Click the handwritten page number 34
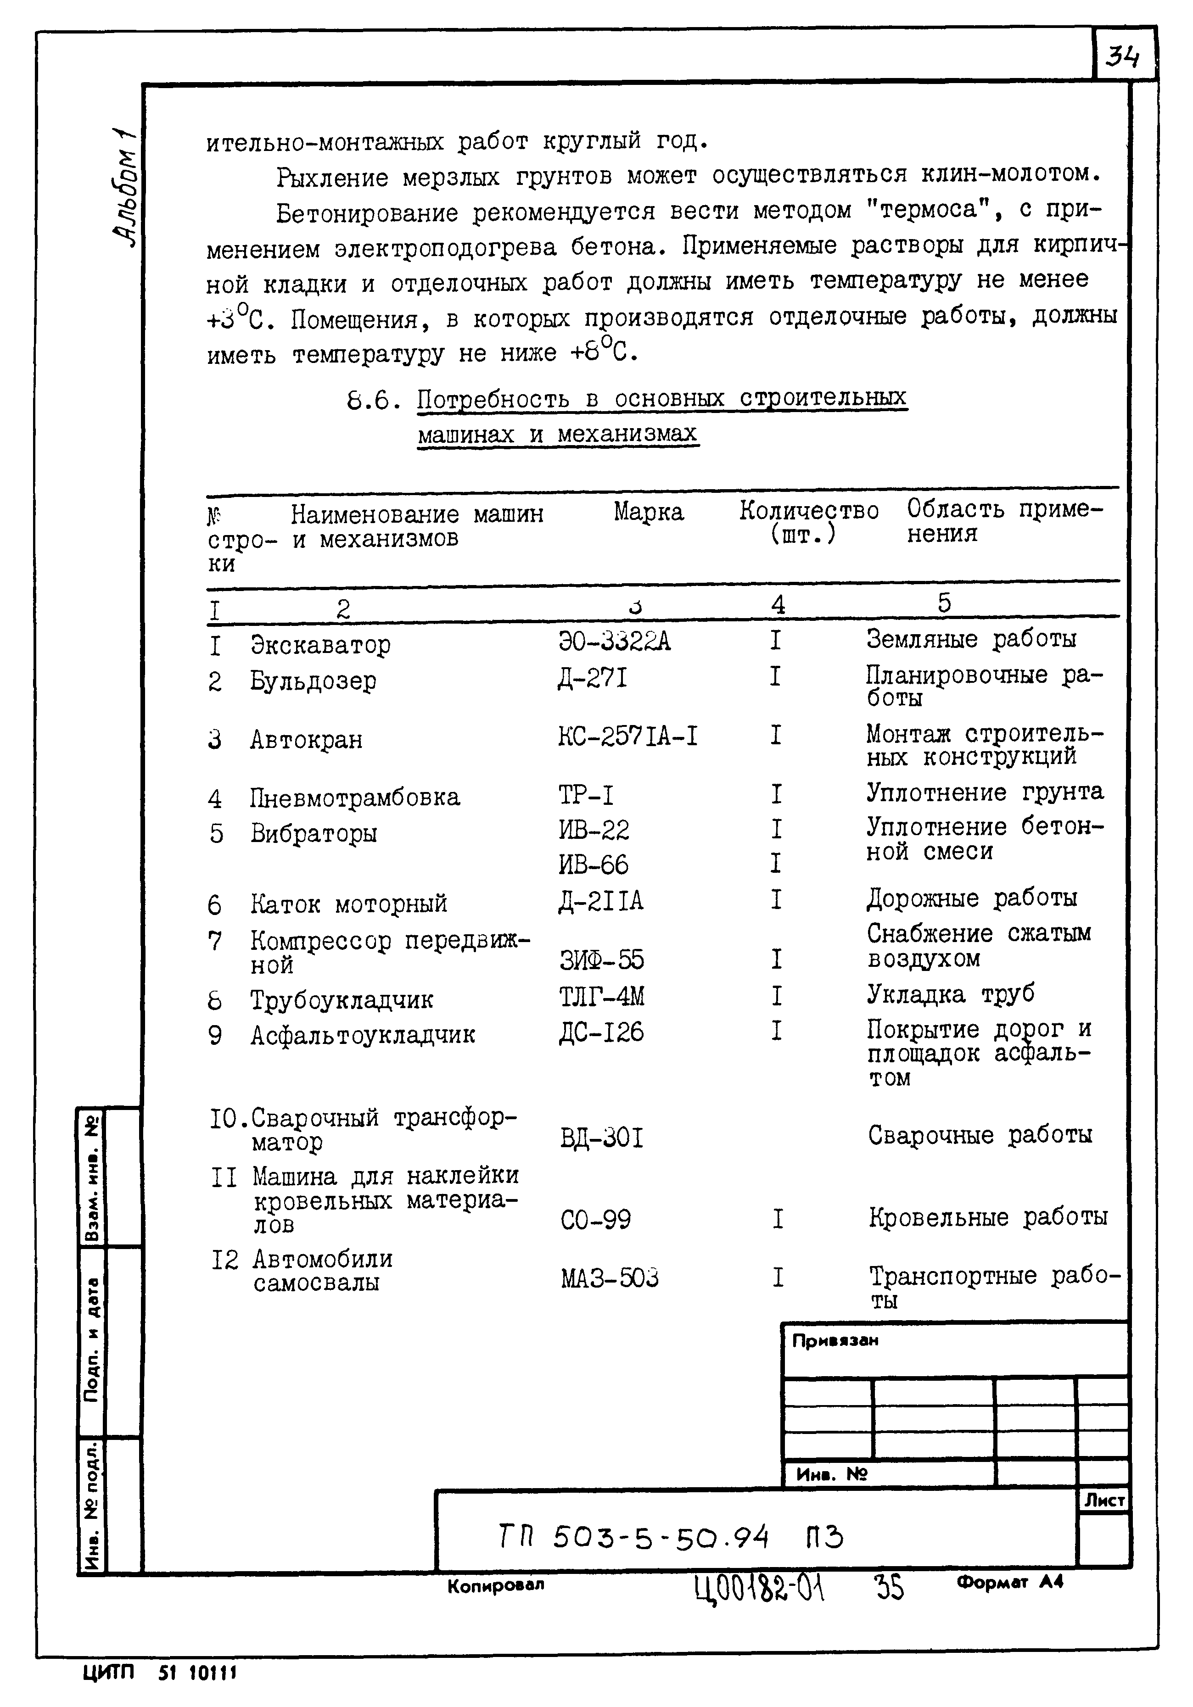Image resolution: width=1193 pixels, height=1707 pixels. coord(1123,56)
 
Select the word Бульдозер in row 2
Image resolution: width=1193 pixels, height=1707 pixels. coord(313,680)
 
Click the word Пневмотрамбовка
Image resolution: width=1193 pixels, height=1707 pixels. coord(355,797)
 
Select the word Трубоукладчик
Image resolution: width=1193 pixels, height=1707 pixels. coord(342,999)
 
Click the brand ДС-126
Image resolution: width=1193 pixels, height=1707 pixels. coord(601,1032)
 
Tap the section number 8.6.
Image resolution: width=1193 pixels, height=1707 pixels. coord(368,402)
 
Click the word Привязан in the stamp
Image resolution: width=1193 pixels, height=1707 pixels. coord(835,1340)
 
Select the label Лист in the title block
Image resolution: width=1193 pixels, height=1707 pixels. coord(1104,1501)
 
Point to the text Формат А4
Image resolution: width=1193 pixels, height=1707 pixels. coord(1009,1582)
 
